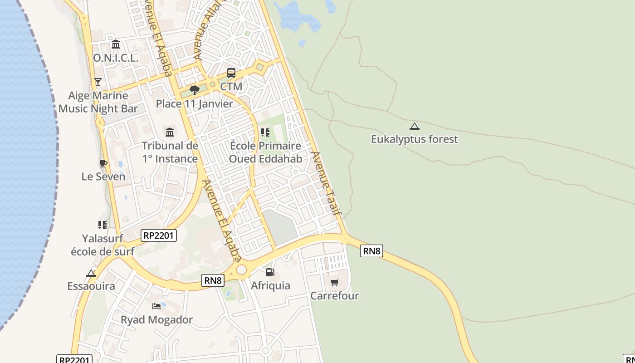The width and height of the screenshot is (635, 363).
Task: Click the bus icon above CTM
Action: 231,73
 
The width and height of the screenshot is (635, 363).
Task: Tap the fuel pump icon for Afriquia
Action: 270,272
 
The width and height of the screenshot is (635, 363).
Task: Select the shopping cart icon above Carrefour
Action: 334,283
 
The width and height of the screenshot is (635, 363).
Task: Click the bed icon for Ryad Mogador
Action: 156,306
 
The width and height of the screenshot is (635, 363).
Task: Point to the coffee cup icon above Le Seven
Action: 103,163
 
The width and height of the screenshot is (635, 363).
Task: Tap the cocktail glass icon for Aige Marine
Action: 98,82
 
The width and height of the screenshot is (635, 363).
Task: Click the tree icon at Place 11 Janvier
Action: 195,90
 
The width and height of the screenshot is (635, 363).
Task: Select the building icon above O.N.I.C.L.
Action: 116,44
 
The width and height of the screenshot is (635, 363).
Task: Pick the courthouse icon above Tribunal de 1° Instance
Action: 170,132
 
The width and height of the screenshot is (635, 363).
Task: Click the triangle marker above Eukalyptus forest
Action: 414,126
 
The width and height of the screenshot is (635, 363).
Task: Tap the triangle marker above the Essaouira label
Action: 91,273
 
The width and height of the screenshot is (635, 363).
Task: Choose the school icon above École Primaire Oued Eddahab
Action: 265,132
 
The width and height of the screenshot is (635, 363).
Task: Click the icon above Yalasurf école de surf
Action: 102,225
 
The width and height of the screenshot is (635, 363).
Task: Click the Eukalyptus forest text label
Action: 415,139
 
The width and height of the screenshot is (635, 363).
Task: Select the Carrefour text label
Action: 334,296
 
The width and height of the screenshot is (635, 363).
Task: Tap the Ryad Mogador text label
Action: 156,319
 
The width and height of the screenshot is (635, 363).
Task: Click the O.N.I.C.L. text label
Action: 116,58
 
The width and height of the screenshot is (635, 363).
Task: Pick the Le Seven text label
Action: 103,177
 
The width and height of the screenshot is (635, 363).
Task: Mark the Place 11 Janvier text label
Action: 194,103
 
